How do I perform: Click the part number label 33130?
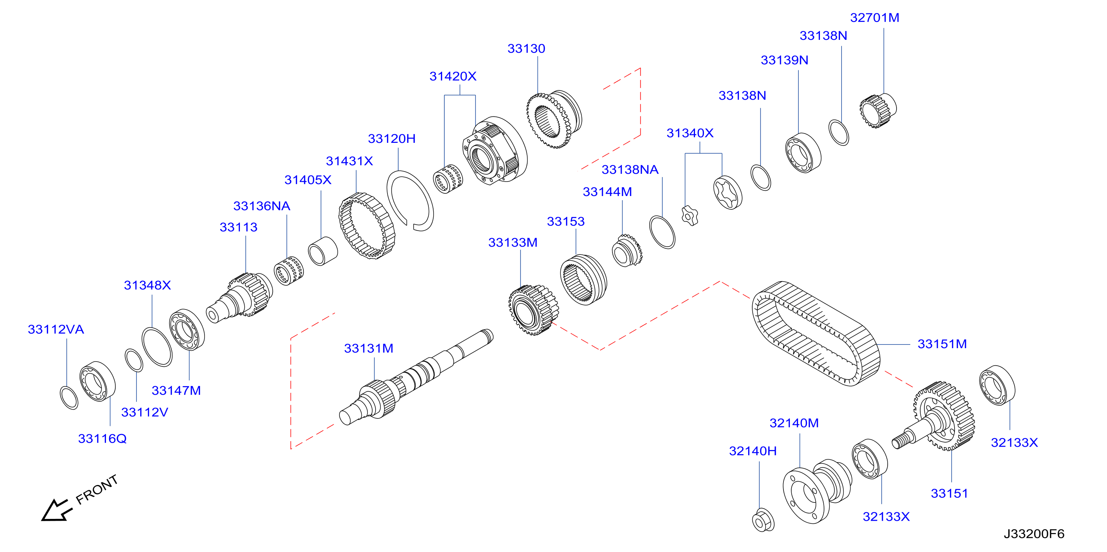[526, 49]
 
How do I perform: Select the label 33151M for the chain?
[942, 344]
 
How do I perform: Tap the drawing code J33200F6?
[1034, 533]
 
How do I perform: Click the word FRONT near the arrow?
[97, 489]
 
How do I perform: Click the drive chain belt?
[815, 333]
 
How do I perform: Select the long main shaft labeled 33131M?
[416, 378]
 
